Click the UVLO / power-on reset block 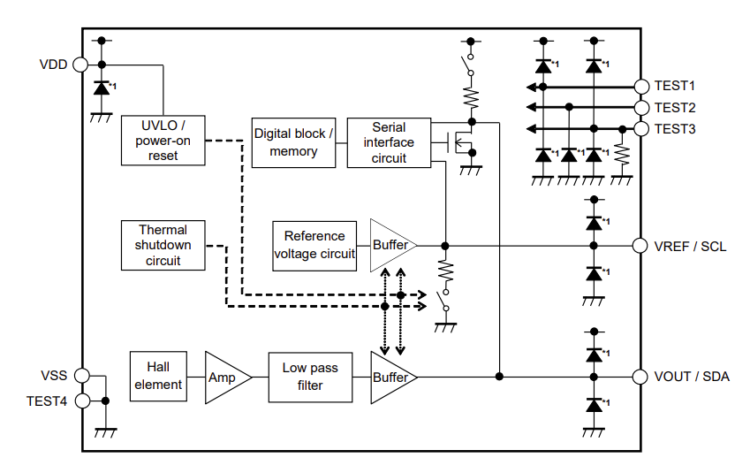coord(163,140)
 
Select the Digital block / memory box coord(294,142)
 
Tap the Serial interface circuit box coord(389,142)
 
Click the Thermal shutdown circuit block coord(163,245)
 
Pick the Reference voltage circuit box coord(314,245)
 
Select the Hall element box coord(159,376)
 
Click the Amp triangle coord(224,377)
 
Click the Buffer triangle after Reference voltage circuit coord(390,245)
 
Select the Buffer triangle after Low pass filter coord(390,377)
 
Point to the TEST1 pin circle coord(642,87)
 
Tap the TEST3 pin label coord(676,129)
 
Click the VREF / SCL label coord(690,246)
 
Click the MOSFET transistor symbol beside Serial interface coord(462,142)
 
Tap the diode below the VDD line coord(102,88)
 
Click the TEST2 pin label coord(676,108)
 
